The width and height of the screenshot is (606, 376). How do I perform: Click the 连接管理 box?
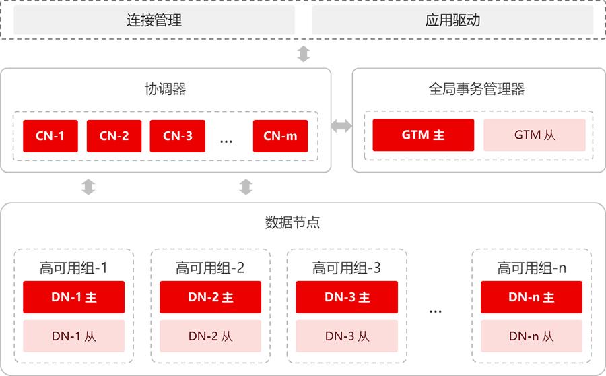(x=154, y=20)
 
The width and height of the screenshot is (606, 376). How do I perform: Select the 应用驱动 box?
(x=452, y=20)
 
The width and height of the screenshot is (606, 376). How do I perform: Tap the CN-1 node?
(x=50, y=136)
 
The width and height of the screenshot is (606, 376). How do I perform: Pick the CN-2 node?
(x=114, y=136)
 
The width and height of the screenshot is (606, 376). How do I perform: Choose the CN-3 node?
(x=177, y=136)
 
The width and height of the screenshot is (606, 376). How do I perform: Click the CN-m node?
(x=280, y=136)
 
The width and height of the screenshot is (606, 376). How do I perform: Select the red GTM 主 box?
(x=424, y=135)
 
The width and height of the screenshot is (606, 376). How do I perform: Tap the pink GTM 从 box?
(x=535, y=135)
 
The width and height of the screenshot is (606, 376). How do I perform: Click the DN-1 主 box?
(x=74, y=297)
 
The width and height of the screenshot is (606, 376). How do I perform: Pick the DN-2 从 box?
(x=210, y=336)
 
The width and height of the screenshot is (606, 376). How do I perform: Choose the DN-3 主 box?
(x=347, y=297)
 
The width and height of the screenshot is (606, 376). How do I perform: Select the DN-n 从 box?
(x=531, y=336)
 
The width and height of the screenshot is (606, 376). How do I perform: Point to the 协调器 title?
(x=166, y=89)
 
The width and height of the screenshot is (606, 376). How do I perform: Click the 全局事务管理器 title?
(x=477, y=89)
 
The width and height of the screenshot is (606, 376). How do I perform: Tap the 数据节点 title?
(x=293, y=222)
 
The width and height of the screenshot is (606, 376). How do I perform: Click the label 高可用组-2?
(x=210, y=268)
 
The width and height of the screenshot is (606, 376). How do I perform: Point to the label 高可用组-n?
(x=532, y=268)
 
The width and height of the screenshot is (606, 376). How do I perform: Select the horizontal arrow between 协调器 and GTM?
(x=341, y=126)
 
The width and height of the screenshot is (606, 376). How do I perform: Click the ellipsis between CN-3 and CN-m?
(x=226, y=142)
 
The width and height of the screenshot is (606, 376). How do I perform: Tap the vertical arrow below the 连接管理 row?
(x=304, y=54)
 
